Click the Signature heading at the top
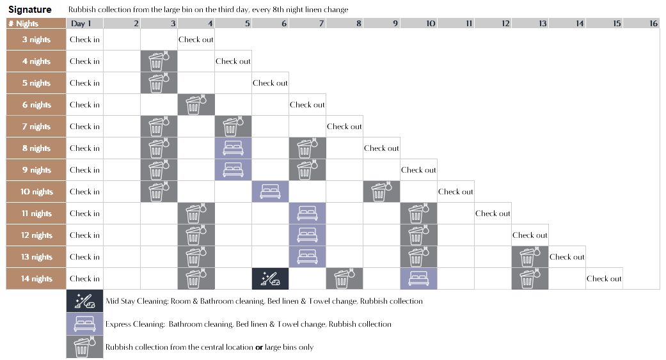click(x=29, y=10)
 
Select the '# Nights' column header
click(x=24, y=24)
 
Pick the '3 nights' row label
click(x=36, y=40)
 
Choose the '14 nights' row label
click(x=36, y=279)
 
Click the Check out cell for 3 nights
click(x=196, y=40)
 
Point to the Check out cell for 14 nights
click(x=604, y=279)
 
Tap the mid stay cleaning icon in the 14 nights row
click(x=270, y=279)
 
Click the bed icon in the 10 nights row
click(x=270, y=192)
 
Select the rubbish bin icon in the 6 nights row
click(x=196, y=105)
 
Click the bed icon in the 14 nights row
click(x=418, y=279)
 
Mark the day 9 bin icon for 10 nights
click(x=381, y=192)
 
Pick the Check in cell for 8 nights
click(x=84, y=148)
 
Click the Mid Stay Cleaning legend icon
click(x=84, y=301)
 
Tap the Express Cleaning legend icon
click(x=84, y=324)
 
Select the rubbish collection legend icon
click(x=84, y=347)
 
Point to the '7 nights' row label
click(x=36, y=127)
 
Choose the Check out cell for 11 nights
click(x=493, y=214)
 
